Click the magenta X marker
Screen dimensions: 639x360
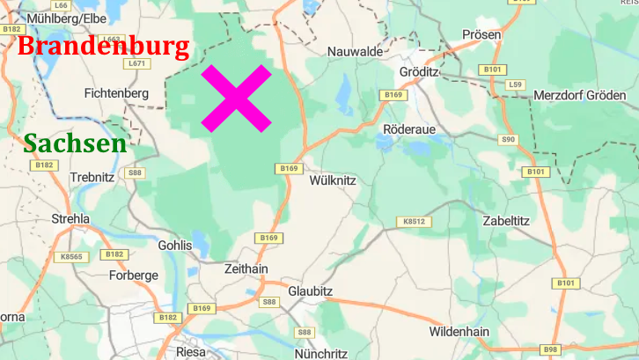(236, 98)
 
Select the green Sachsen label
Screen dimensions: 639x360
(75, 143)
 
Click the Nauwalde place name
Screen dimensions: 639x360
(355, 52)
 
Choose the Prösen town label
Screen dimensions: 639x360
(481, 35)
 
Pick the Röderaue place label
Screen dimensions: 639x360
(409, 129)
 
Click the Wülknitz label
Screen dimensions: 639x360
(333, 180)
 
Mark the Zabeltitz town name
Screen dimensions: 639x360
(506, 221)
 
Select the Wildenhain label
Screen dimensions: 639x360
(459, 332)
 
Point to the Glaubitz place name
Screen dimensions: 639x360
(312, 290)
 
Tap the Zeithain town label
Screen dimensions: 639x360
(246, 268)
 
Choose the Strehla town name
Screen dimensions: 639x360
(71, 218)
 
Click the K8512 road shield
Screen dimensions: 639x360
(415, 222)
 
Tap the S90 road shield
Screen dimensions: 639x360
(508, 140)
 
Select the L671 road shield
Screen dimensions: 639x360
(136, 63)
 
